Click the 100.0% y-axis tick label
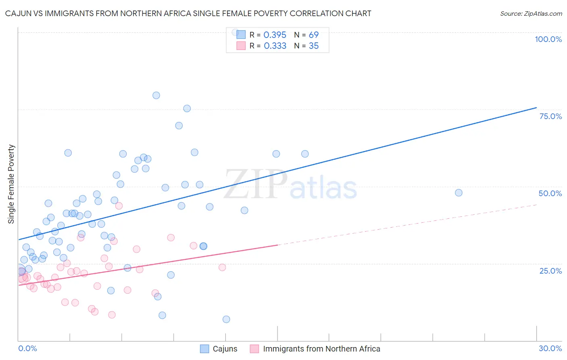548,39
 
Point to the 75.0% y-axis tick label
550,116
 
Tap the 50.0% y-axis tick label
550,193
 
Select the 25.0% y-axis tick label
550,271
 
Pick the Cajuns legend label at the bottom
225,349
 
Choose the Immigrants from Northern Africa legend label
321,349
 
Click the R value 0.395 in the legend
275,35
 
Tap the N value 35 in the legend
314,46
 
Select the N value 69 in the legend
314,35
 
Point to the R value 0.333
275,46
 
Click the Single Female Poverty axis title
11,184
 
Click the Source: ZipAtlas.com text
531,14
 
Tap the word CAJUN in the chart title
19,14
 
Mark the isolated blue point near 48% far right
459,193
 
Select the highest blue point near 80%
156,96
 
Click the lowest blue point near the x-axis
226,319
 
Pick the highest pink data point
119,206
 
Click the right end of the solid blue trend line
536,108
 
